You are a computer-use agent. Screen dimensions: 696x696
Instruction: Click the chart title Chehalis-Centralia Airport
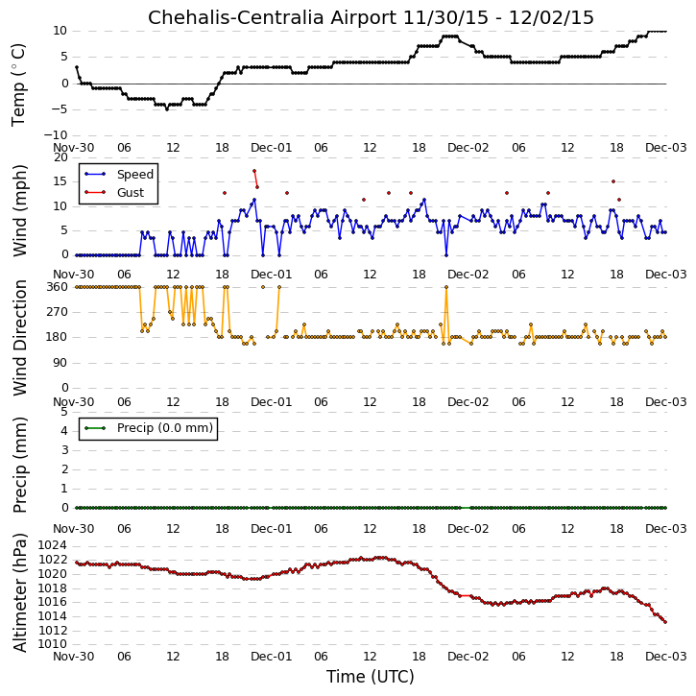[x=272, y=18]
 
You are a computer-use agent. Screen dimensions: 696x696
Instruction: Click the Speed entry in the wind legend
[x=119, y=175]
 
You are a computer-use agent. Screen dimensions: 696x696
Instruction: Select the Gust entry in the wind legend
[x=114, y=193]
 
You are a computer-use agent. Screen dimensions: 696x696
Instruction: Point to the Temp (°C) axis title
[x=18, y=84]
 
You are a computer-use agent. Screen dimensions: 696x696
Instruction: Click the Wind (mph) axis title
[x=19, y=210]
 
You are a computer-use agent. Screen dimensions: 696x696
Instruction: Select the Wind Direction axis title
[x=19, y=338]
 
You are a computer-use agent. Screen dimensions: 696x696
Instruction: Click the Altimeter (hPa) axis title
[x=19, y=593]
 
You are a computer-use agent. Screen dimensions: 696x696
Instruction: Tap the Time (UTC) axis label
[x=371, y=677]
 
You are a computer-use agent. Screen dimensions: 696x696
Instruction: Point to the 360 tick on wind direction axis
[x=57, y=287]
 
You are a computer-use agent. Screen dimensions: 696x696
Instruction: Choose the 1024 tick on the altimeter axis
[x=52, y=545]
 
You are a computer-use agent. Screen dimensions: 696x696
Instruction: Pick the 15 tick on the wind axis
[x=60, y=181]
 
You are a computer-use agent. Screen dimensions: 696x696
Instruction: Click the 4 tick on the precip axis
[x=64, y=431]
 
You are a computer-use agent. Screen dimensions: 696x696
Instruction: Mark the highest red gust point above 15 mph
[x=254, y=171]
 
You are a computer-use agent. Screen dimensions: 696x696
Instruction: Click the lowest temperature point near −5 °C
[x=167, y=109]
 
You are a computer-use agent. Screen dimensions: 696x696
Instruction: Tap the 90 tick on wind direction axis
[x=60, y=363]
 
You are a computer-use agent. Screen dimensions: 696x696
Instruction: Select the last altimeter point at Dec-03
[x=665, y=622]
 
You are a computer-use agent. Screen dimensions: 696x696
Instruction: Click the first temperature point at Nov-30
[x=77, y=67]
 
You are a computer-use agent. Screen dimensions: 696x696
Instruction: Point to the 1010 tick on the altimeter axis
[x=52, y=644]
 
